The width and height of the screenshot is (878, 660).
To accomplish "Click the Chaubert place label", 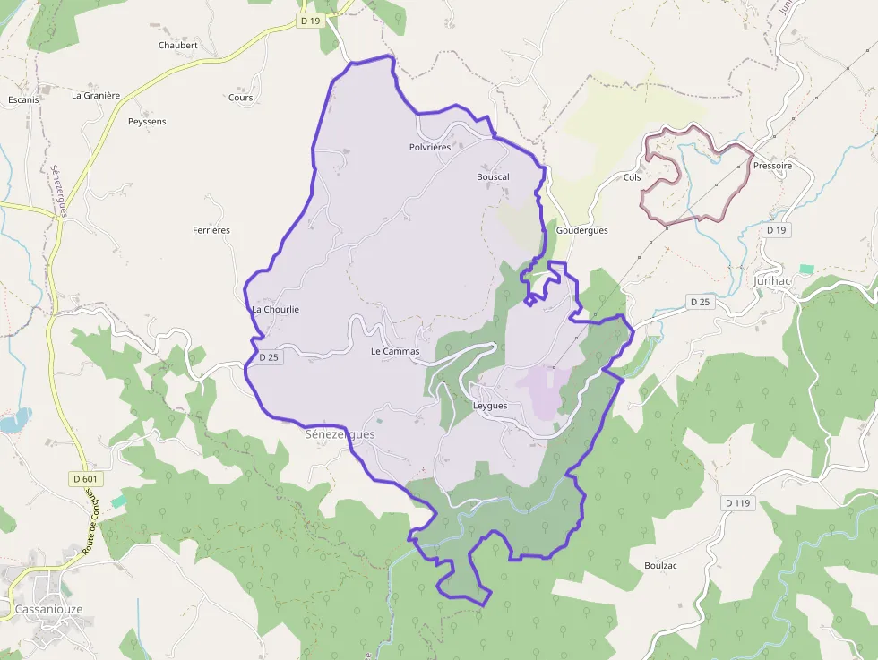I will [177, 45].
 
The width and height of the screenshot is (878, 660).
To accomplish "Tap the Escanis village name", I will [23, 99].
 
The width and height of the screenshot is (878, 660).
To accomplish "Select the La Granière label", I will [96, 95].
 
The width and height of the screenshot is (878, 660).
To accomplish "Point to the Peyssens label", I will [147, 121].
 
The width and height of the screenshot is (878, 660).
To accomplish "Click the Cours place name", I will [240, 98].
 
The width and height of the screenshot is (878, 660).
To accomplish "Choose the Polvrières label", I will [429, 147].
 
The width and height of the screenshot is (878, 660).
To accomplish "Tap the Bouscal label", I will [493, 176].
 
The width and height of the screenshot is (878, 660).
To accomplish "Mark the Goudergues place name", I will [581, 230].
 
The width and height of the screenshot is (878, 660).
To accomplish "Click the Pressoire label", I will [772, 166].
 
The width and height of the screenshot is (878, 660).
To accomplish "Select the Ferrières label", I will [211, 230].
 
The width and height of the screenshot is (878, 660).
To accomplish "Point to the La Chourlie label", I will [275, 309].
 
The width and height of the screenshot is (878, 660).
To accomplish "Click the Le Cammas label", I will [394, 351].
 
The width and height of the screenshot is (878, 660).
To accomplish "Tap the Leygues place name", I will [489, 406].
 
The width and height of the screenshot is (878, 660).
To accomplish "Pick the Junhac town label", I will [771, 280].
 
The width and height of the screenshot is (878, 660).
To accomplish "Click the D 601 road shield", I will [83, 479].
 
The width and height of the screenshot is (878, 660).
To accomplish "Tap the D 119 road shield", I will [736, 503].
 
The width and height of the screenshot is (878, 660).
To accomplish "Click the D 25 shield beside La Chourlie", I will [269, 357].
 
